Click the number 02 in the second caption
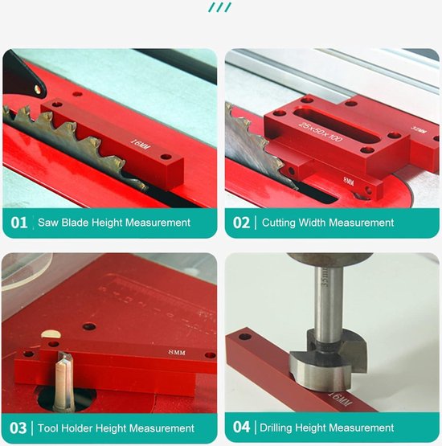coord(241,223)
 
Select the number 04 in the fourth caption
coord(241,428)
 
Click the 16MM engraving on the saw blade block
coord(141,145)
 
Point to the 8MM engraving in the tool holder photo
coord(178,352)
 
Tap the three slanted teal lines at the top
coord(219,7)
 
